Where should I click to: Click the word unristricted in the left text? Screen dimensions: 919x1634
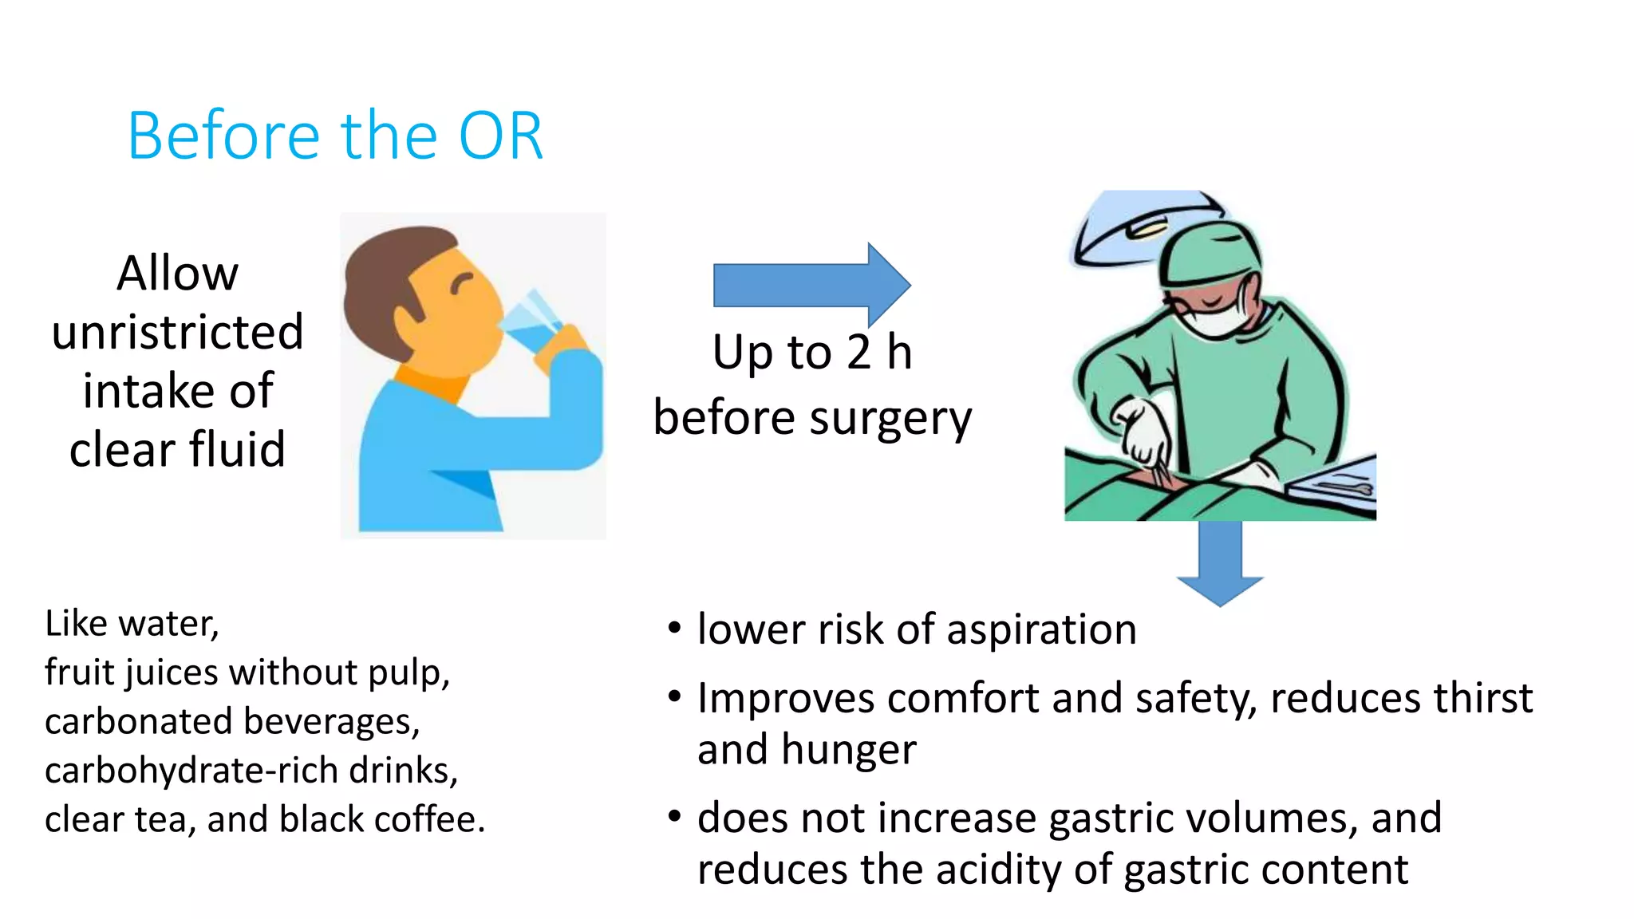point(177,331)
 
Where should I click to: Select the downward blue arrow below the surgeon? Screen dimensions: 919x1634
point(1219,563)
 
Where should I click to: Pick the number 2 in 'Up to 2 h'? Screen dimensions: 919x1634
point(858,352)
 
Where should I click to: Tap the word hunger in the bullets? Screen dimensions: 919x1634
point(849,749)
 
